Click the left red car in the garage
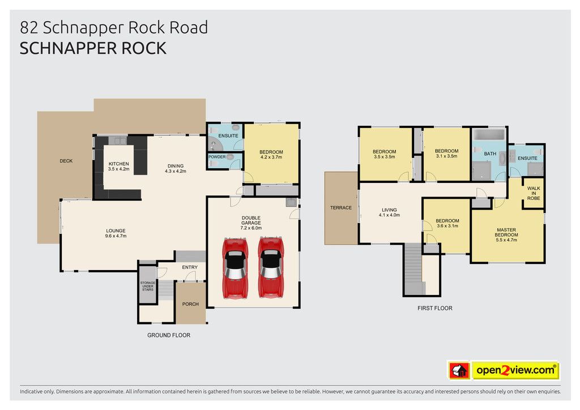[x=235, y=268]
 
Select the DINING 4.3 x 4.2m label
[x=176, y=169]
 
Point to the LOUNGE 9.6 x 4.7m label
[x=116, y=233]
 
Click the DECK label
[x=66, y=161]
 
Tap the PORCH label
[x=190, y=304]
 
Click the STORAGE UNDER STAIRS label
[x=148, y=286]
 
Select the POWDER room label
[x=217, y=157]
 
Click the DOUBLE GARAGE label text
[x=251, y=220]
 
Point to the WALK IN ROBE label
[x=534, y=193]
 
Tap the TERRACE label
[x=340, y=208]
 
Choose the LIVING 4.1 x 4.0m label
[x=389, y=212]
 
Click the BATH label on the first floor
[x=490, y=153]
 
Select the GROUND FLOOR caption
[x=169, y=335]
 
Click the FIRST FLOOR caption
[x=435, y=308]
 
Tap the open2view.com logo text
[x=515, y=370]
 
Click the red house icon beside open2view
[x=459, y=370]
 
